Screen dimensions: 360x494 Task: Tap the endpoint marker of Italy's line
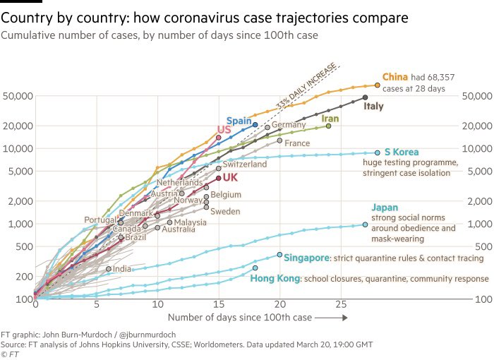tap(365, 97)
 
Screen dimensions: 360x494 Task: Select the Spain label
tap(239, 121)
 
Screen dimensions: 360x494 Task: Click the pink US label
tap(224, 131)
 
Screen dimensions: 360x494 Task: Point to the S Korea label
tap(402, 152)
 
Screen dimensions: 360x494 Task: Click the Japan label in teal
tap(385, 208)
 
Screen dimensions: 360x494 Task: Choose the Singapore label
tap(306, 258)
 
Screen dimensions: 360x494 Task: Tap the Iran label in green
tap(330, 119)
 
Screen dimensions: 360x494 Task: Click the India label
tap(122, 269)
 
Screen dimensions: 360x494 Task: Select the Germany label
tap(289, 125)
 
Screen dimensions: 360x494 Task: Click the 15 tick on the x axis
tap(219, 305)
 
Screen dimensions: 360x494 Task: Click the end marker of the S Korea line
tap(378, 152)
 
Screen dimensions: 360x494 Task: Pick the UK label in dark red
tap(230, 178)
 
